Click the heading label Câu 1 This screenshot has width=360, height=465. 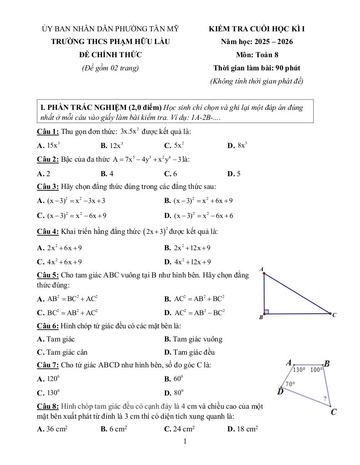coord(48,132)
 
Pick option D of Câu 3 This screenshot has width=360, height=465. coord(199,216)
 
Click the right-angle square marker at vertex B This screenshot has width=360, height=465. coord(267,312)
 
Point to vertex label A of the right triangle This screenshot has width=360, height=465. coord(261,269)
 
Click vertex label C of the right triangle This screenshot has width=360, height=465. coord(334,315)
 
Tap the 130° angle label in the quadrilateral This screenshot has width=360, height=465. coord(299,370)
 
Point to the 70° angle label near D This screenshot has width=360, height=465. coord(290,384)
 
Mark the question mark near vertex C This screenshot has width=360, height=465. coord(325,399)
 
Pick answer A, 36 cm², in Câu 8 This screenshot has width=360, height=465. coord(52,428)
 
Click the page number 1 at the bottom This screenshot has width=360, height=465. coord(185,441)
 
